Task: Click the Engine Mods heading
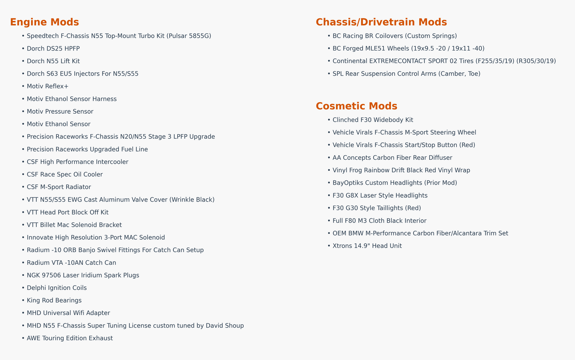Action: tap(44, 22)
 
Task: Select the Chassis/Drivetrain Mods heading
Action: tap(381, 22)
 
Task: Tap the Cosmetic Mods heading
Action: tap(356, 106)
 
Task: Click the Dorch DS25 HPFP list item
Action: tap(53, 49)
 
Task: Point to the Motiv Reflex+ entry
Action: tap(48, 87)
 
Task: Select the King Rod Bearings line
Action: tap(54, 300)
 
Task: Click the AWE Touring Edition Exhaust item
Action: tap(69, 338)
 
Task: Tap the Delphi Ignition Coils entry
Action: tap(57, 288)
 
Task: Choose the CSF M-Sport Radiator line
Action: tap(59, 187)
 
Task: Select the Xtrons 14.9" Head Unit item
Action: tap(367, 246)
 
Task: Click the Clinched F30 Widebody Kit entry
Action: tap(373, 120)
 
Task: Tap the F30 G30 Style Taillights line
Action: tap(377, 208)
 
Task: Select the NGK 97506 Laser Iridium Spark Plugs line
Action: tap(83, 275)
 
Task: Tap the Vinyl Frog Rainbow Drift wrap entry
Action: tap(401, 170)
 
